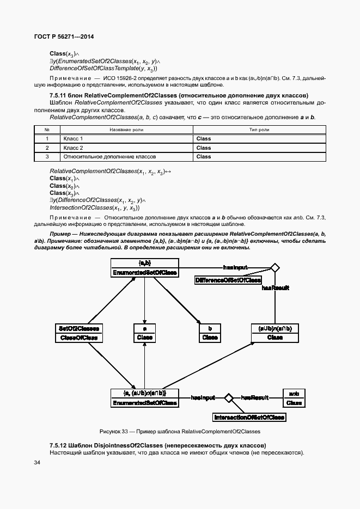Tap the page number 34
tap(37, 462)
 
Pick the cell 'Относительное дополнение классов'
tap(109, 156)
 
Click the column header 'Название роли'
tap(126, 130)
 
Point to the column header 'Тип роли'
tap(259, 130)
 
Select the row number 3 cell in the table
tap(47, 156)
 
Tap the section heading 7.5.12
tap(157, 445)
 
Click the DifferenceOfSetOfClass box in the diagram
tap(228, 280)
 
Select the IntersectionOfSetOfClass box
tap(248, 418)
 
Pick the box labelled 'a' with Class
tap(144, 333)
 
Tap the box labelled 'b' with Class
tap(210, 333)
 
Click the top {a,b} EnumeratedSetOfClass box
tap(144, 267)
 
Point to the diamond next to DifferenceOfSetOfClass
tap(275, 267)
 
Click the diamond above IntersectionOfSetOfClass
tap(229, 398)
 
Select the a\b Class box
tap(294, 398)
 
